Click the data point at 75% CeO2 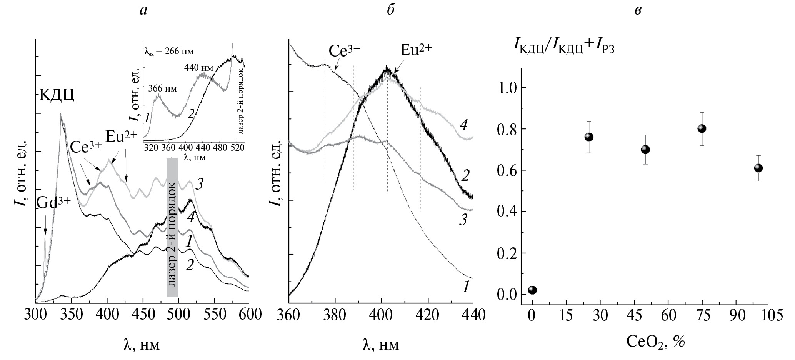coord(702,128)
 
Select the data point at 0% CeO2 coord(532,290)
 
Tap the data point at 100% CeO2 coord(758,168)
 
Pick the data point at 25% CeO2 coord(589,137)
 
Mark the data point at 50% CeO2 coord(645,149)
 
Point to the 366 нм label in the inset coord(163,89)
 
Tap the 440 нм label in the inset coord(198,68)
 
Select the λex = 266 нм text coord(168,51)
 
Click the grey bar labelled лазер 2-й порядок coord(172,228)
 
